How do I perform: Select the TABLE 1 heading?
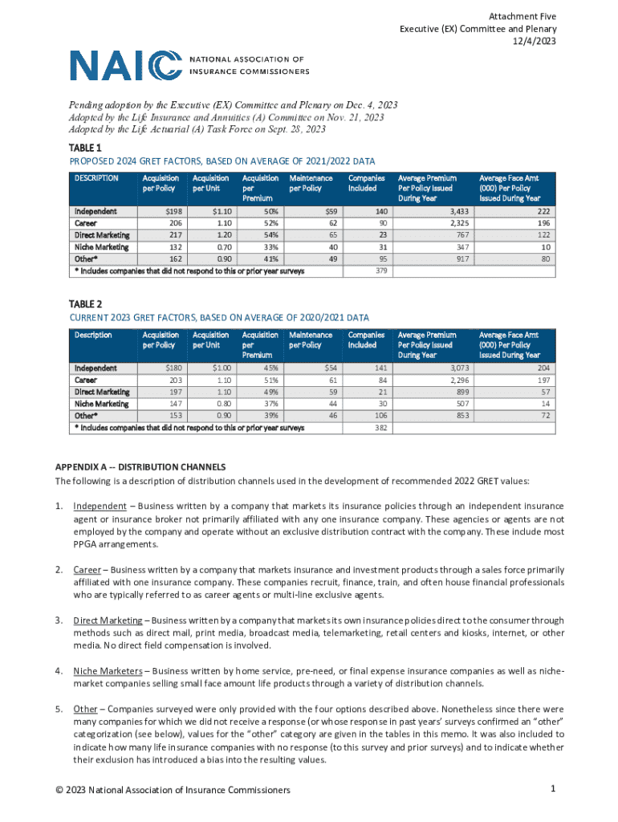[86, 149]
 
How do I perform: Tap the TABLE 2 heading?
[86, 304]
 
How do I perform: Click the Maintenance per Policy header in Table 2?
[311, 340]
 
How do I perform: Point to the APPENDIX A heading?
[140, 466]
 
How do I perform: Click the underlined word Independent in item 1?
[100, 506]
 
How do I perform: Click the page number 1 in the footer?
[554, 789]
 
